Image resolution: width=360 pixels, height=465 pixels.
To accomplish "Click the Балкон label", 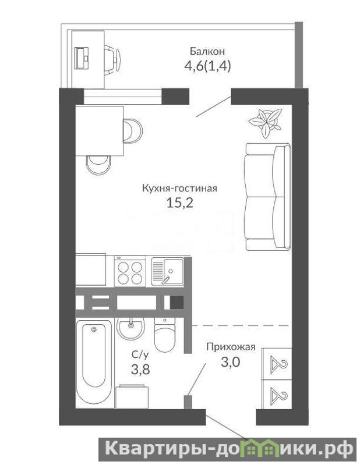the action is click(x=207, y=51).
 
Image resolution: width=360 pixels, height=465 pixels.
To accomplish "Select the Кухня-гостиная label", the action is click(x=179, y=189).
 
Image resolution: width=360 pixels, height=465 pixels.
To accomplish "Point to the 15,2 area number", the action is click(x=180, y=203).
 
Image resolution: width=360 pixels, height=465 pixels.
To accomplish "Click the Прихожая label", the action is click(x=231, y=347).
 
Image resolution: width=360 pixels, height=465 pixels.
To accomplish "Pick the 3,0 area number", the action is click(x=230, y=362).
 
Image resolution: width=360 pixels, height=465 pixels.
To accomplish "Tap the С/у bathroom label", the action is click(x=140, y=354).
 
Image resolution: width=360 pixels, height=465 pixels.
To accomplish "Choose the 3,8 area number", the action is click(x=140, y=370).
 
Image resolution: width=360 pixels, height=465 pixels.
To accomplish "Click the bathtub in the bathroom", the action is click(x=94, y=364).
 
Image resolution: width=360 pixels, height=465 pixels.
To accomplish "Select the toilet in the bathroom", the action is click(x=165, y=335).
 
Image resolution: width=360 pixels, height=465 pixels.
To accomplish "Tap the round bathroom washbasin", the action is click(x=131, y=329).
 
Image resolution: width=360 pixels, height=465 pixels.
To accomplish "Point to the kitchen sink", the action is click(x=167, y=272).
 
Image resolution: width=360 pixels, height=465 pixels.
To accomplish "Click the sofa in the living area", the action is click(x=267, y=197).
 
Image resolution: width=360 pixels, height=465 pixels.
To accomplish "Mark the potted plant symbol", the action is click(x=265, y=122).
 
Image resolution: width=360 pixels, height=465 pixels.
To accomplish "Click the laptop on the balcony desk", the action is click(x=82, y=58).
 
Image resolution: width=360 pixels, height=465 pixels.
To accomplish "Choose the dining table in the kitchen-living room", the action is click(x=100, y=130).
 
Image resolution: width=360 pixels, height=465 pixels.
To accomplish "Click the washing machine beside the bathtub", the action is click(x=132, y=396).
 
